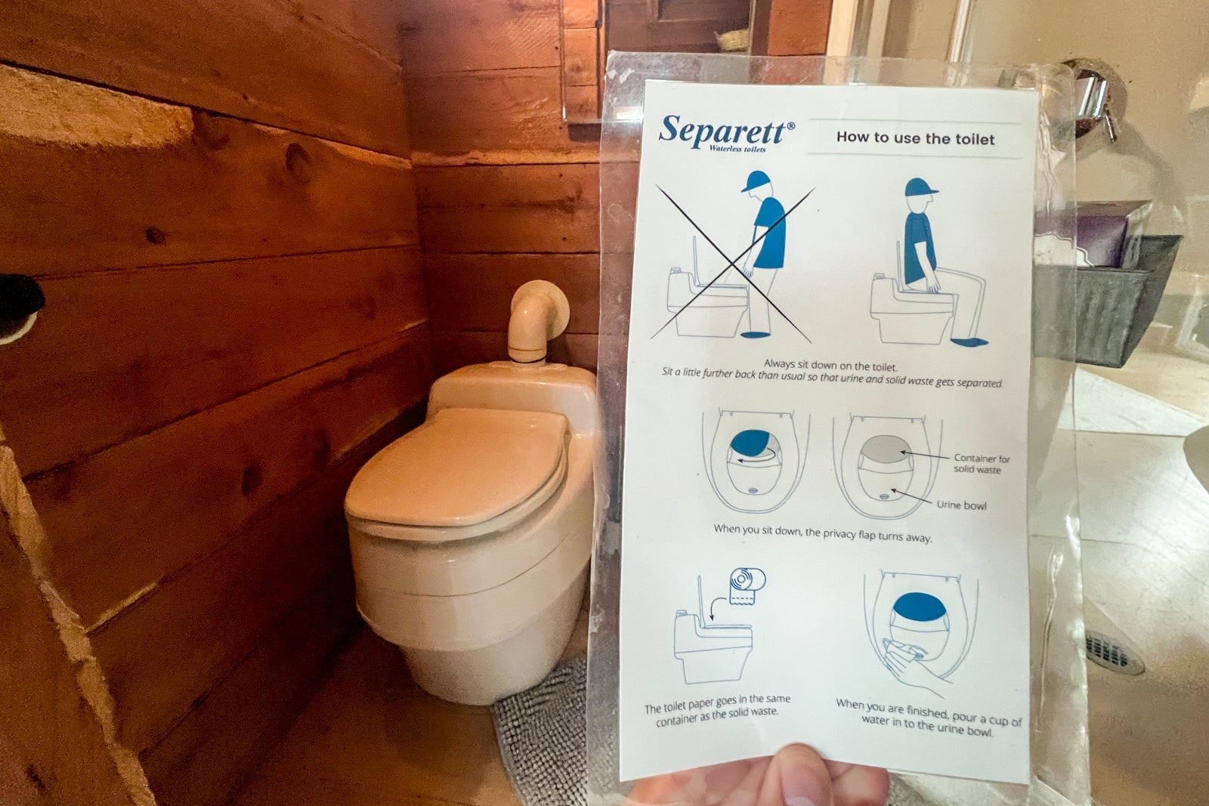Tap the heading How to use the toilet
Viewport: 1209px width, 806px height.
tap(915, 139)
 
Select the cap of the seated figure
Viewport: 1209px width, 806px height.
tap(921, 187)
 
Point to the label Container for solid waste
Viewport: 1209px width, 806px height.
tap(982, 463)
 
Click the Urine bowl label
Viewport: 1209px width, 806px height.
tap(961, 505)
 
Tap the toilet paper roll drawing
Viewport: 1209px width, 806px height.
tap(747, 585)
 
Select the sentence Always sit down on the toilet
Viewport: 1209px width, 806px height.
tap(830, 366)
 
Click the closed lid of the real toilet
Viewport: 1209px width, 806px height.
tap(456, 468)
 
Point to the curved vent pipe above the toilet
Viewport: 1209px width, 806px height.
tap(534, 320)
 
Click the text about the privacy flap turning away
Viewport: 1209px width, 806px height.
tap(823, 533)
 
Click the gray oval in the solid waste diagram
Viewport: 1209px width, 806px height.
tap(885, 449)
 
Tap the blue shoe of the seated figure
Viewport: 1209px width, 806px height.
tap(969, 341)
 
